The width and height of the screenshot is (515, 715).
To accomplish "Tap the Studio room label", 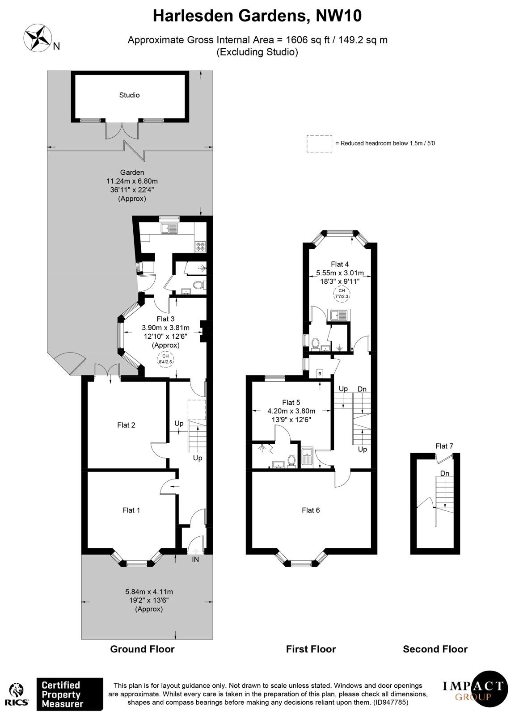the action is [129, 95].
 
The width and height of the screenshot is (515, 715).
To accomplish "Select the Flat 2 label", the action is [126, 425].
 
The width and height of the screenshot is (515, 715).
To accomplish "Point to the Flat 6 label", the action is [311, 510].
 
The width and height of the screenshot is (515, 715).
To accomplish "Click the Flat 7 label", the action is [444, 446].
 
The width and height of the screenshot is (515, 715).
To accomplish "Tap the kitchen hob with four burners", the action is [200, 246].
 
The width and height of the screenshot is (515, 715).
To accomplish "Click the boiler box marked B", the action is [320, 374].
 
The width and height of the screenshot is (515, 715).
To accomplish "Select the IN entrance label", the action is [195, 559].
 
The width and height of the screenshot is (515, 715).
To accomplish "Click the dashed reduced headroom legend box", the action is [319, 143].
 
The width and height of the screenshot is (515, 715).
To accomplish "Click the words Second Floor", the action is [435, 649].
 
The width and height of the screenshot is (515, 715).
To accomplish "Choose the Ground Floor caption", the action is [142, 649].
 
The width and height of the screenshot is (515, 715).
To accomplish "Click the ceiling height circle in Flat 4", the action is [342, 293].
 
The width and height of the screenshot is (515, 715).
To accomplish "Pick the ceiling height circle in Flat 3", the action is [165, 359].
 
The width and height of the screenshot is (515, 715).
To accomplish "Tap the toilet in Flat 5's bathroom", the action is [291, 461].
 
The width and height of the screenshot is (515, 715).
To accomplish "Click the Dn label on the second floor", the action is [444, 473].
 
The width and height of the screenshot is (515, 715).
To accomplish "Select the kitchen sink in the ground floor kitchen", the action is [169, 228].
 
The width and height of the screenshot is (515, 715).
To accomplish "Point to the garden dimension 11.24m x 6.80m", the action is [132, 181].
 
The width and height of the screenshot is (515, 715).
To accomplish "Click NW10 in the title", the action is [338, 16].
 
